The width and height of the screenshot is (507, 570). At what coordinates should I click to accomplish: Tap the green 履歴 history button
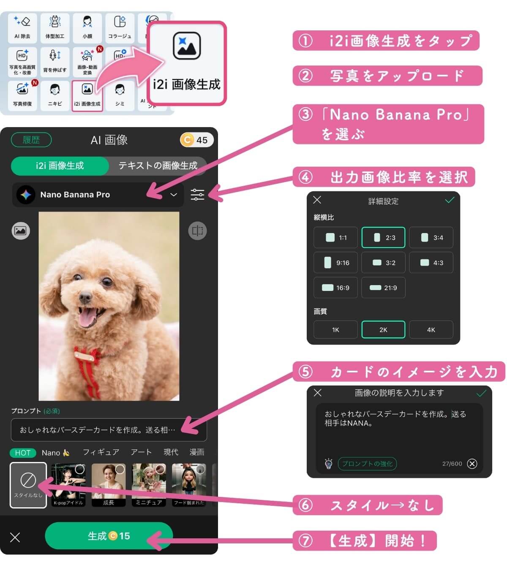(x=31, y=140)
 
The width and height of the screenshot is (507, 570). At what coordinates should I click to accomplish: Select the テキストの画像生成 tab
(x=158, y=166)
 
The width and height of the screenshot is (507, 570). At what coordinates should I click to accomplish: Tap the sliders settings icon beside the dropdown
(x=197, y=195)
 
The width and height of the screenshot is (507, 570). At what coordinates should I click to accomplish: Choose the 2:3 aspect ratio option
(x=383, y=238)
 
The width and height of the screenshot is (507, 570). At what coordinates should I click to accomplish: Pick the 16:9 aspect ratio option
(x=335, y=288)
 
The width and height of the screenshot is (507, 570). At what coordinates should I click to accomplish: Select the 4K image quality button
(x=431, y=330)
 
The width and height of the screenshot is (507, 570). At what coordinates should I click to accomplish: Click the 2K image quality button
(x=383, y=330)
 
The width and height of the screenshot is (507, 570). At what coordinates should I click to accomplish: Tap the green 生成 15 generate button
(x=109, y=536)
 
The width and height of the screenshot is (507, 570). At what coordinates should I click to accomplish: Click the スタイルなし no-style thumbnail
(x=28, y=485)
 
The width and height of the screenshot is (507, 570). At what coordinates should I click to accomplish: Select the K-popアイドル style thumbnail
(x=68, y=485)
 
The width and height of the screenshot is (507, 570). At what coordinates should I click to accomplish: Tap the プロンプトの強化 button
(x=367, y=464)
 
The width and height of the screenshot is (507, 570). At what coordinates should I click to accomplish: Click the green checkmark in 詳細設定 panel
(x=450, y=200)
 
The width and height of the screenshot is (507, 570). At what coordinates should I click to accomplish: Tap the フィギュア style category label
(x=101, y=452)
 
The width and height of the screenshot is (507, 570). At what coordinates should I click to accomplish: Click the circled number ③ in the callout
(x=305, y=114)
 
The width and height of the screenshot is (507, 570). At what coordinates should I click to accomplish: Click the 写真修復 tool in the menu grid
(x=22, y=94)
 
